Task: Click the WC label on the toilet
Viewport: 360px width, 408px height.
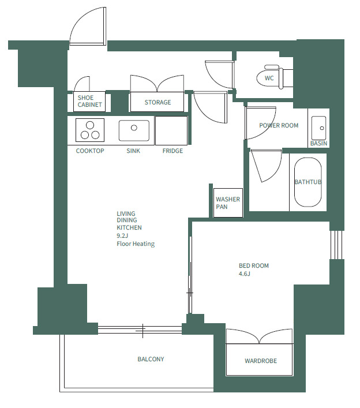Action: click(x=269, y=78)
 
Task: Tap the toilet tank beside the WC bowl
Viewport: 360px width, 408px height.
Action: click(x=287, y=78)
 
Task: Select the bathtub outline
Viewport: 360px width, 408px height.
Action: click(x=307, y=182)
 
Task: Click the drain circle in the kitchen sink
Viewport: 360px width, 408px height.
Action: click(x=134, y=128)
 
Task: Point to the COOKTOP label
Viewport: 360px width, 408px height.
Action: click(x=90, y=151)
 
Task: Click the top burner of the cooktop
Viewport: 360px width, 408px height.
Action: click(x=90, y=125)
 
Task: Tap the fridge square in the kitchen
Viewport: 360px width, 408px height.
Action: click(x=171, y=130)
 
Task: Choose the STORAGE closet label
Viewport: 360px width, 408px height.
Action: click(x=157, y=102)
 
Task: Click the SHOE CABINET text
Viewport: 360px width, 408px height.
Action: click(x=90, y=101)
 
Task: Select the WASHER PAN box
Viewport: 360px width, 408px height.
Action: click(x=228, y=203)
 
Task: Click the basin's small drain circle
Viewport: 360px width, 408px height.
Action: click(x=322, y=128)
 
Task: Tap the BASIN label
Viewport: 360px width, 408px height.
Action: click(x=318, y=143)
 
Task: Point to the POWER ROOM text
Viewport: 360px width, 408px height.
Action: click(x=279, y=125)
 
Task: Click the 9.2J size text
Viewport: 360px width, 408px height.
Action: click(x=122, y=236)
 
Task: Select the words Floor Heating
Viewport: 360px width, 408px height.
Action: click(x=136, y=244)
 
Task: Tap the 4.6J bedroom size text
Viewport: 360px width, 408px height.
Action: click(x=244, y=274)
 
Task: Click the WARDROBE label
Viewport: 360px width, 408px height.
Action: click(x=261, y=361)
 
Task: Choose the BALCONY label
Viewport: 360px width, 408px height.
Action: click(x=151, y=359)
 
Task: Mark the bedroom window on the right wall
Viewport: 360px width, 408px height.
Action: click(x=337, y=245)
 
